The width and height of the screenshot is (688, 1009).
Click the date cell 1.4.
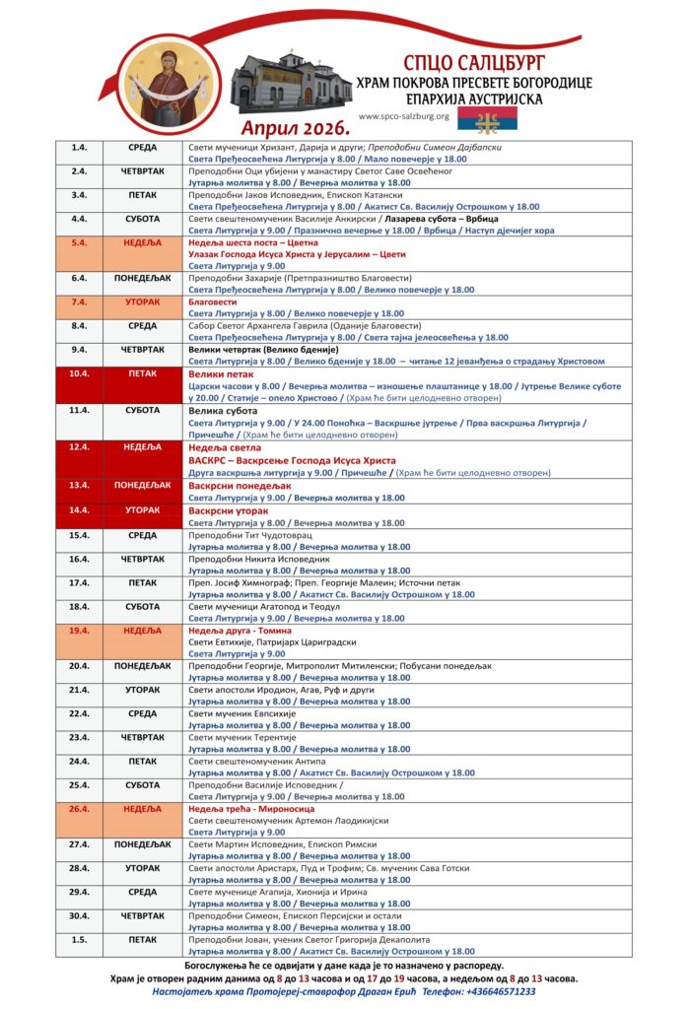(x=79, y=147)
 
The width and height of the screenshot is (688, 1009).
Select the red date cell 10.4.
(x=79, y=374)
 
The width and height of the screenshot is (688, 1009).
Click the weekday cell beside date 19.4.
(x=142, y=630)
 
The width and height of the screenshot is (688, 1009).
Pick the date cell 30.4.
(x=79, y=915)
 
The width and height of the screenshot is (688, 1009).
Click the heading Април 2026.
(x=296, y=128)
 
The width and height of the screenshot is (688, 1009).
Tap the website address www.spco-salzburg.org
(x=403, y=116)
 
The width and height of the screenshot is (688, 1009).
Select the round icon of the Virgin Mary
(x=169, y=78)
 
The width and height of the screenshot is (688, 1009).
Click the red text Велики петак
(x=216, y=374)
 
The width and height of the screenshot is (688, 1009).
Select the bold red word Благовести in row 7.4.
(x=211, y=302)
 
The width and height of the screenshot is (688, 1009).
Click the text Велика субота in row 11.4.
(x=218, y=410)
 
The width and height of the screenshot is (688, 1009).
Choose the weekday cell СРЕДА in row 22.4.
(x=142, y=713)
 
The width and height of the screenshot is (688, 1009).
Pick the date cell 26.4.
(x=79, y=809)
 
